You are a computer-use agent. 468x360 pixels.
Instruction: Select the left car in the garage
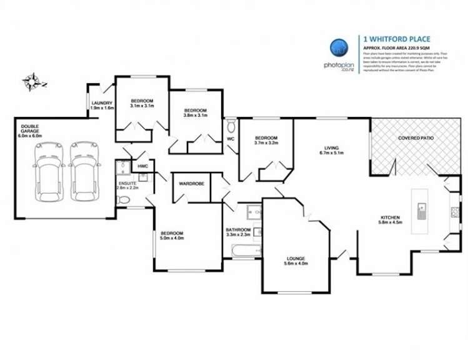click(x=48, y=171)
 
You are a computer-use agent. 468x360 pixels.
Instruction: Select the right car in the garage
click(x=83, y=171)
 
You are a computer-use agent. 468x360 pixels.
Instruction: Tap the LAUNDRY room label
click(x=101, y=103)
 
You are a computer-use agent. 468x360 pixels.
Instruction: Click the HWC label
click(x=142, y=166)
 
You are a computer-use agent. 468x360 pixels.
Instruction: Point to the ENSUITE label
click(x=127, y=184)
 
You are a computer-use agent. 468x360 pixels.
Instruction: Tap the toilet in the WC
click(x=230, y=123)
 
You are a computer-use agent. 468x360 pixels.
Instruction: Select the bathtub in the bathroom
click(x=244, y=251)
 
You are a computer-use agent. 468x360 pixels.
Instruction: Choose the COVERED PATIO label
click(x=416, y=138)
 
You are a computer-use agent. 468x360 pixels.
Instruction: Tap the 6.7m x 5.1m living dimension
click(x=332, y=153)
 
